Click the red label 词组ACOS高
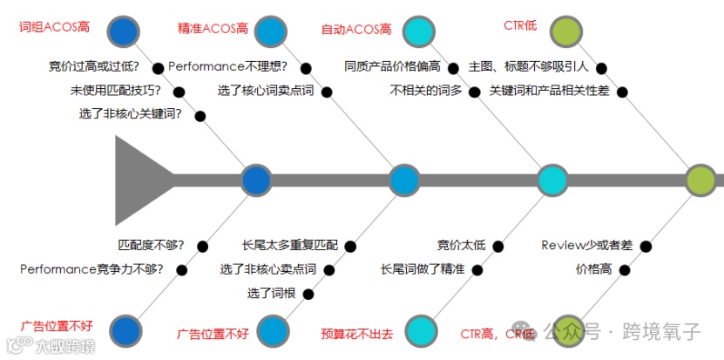pyautogui.click(x=54, y=27)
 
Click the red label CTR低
pyautogui.click(x=520, y=25)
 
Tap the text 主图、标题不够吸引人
pyautogui.click(x=529, y=66)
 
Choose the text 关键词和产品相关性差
pyautogui.click(x=548, y=90)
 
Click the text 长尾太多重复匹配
pyautogui.click(x=289, y=245)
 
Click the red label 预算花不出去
pyautogui.click(x=356, y=333)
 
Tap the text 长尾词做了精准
pyautogui.click(x=423, y=268)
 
